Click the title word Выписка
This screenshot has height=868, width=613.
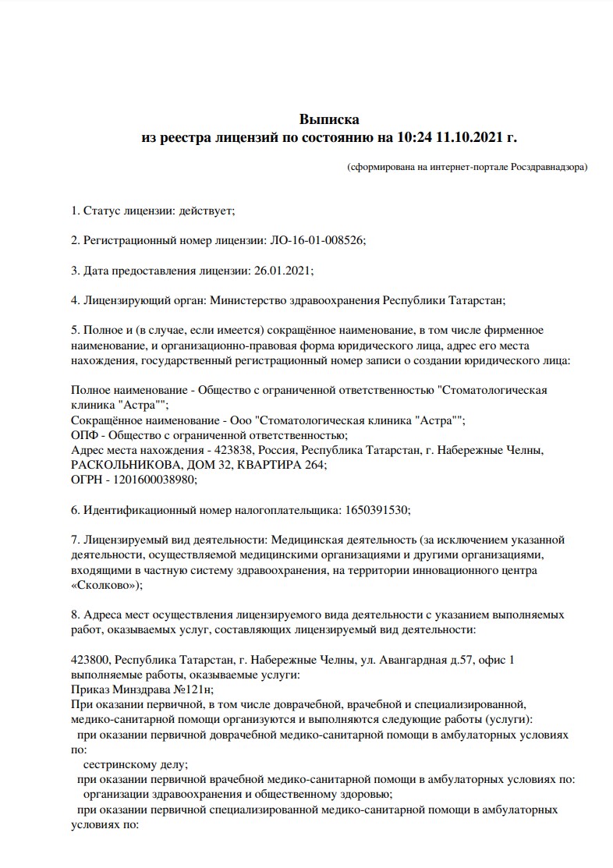tap(329, 119)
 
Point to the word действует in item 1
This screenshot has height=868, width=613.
tap(205, 211)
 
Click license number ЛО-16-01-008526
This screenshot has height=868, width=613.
tap(317, 241)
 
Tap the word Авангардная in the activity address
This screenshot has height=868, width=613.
tap(411, 660)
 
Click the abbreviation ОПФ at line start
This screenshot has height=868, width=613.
tap(84, 435)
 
